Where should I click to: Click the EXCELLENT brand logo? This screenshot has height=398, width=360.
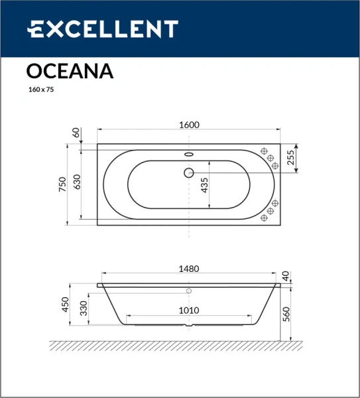[x=102, y=29]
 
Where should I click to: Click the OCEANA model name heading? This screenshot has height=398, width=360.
[x=70, y=71]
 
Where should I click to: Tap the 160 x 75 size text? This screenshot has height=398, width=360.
[x=40, y=89]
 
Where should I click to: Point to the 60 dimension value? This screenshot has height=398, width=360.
[x=76, y=133]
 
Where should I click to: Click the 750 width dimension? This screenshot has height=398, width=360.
[x=63, y=184]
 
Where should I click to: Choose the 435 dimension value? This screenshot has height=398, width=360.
[x=204, y=184]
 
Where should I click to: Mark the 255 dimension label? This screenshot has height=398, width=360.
[x=290, y=157]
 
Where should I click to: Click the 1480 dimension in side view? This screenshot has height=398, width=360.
[x=189, y=269]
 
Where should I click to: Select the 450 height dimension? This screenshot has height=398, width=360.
[x=65, y=304]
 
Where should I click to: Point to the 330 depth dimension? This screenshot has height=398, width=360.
[x=84, y=309]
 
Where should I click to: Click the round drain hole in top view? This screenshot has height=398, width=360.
[x=188, y=174]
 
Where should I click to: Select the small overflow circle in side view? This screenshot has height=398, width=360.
[x=189, y=291]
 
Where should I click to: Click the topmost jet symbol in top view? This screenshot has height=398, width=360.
[x=264, y=151]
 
